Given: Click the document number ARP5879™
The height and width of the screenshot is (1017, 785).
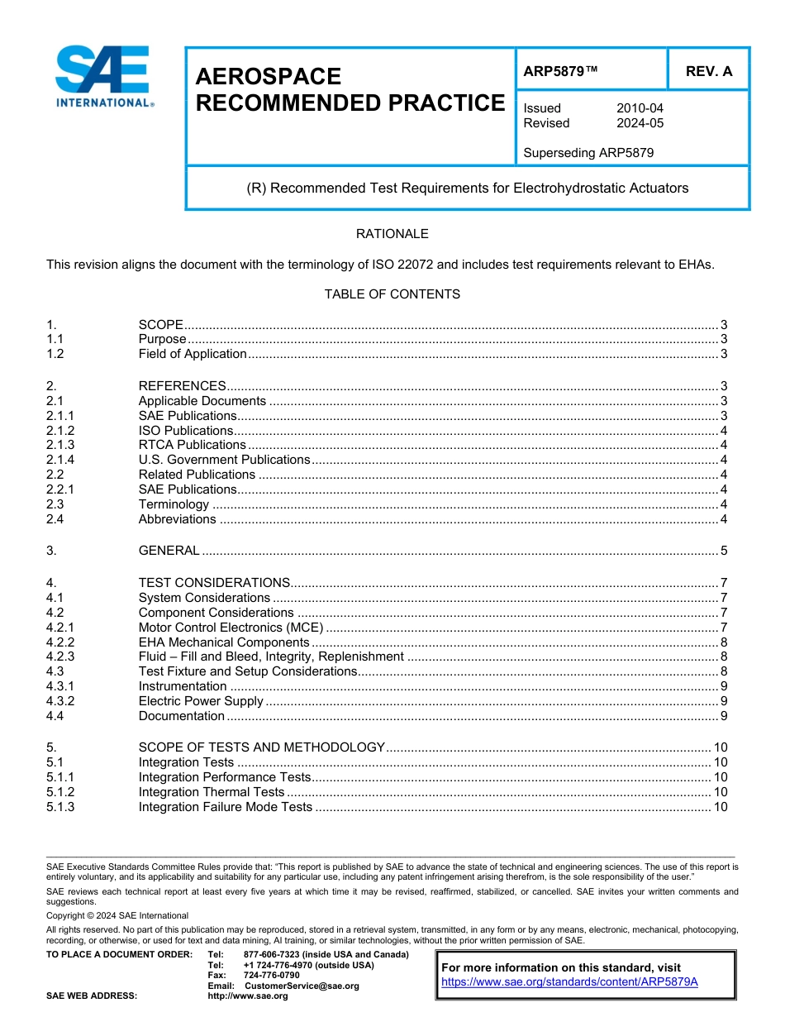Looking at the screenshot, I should [560, 72].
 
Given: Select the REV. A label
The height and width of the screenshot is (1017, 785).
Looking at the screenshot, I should [709, 72].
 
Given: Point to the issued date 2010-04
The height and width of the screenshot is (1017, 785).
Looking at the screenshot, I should [640, 108].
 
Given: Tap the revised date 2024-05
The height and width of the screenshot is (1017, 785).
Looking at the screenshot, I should [640, 123].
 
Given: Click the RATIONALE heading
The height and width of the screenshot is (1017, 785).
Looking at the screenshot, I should [392, 234].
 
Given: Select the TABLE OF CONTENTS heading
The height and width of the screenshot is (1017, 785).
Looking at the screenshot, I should [392, 294].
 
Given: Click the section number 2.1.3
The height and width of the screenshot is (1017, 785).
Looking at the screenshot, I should [60, 445].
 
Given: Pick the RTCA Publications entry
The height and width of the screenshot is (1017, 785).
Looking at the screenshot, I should [192, 445].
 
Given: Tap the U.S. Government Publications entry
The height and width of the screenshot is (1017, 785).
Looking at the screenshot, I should [224, 460].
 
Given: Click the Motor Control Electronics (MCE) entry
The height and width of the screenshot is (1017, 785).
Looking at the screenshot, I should [231, 628].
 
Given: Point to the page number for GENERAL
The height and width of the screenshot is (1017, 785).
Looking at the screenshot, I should [723, 551].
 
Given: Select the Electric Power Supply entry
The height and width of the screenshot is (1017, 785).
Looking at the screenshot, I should [201, 701].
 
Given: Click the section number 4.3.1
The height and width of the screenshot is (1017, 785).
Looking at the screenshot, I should [60, 686].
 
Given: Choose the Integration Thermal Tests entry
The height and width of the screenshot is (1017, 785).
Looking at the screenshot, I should [211, 792].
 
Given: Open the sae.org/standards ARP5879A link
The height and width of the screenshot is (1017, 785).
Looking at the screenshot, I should [569, 981].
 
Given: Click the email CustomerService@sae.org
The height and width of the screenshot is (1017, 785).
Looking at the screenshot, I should [302, 986].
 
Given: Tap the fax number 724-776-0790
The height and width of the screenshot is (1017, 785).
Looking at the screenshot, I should [272, 975].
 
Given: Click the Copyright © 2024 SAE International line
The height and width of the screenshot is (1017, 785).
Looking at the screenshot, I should [117, 915].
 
